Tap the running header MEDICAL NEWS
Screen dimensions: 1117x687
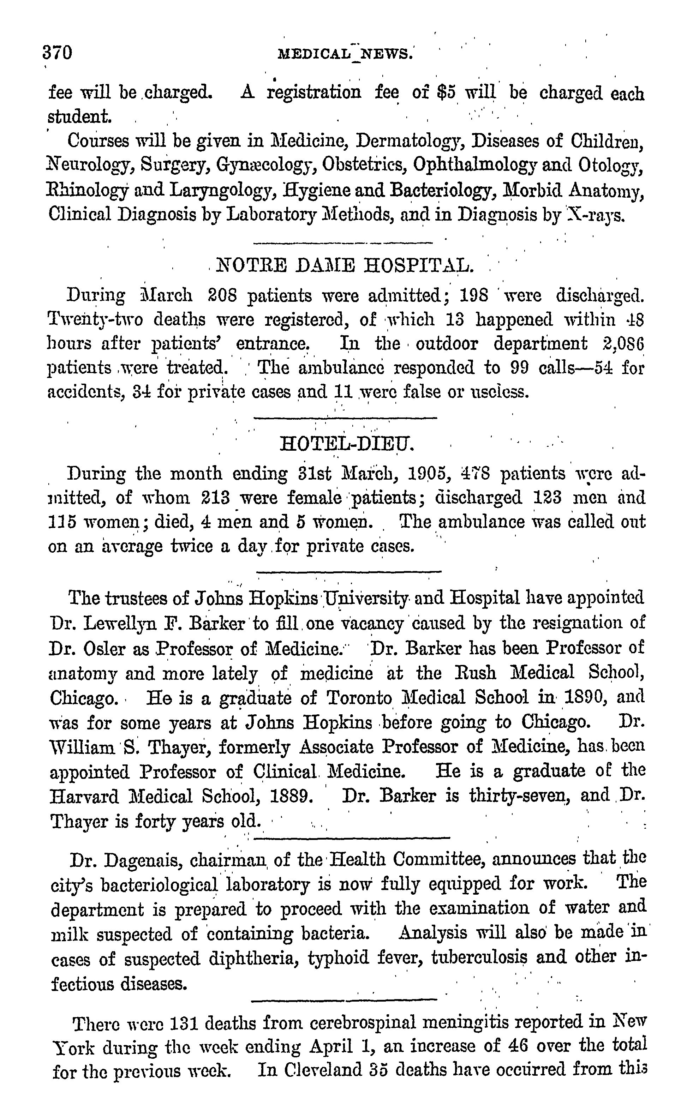click(x=345, y=54)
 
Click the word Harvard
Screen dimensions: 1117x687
click(x=84, y=796)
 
